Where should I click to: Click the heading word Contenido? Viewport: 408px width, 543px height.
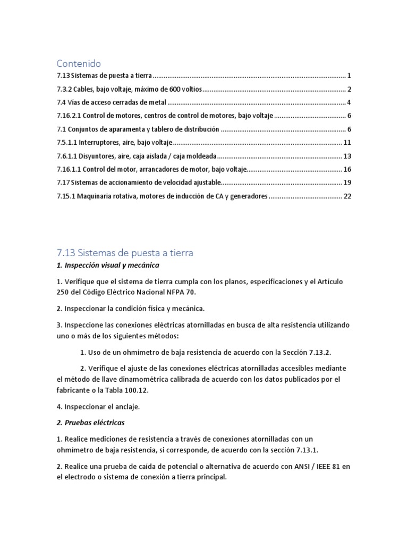point(79,64)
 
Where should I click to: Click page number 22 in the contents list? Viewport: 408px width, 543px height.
point(348,196)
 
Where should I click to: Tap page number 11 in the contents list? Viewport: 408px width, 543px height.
point(348,143)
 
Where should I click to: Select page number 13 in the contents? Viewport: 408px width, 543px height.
point(348,156)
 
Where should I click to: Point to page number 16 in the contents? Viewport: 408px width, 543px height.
point(348,169)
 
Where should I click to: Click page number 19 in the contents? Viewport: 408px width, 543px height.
point(348,182)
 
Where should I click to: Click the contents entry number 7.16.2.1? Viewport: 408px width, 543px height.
point(69,116)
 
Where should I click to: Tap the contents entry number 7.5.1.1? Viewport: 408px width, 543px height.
point(66,143)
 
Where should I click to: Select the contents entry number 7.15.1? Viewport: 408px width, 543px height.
point(66,196)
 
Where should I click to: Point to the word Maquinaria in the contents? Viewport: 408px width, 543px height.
point(97,196)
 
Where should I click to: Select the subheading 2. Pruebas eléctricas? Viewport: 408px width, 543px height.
point(91,423)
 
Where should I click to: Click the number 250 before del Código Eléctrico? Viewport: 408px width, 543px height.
point(63,292)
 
